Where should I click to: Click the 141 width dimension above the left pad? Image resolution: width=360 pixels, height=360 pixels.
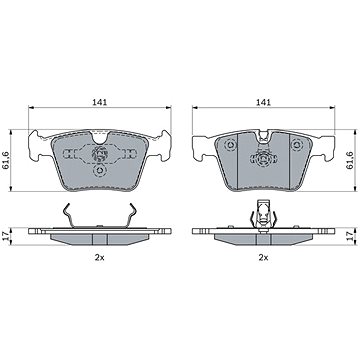tap(100, 102)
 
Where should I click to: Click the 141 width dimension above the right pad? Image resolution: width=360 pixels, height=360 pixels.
tap(263, 102)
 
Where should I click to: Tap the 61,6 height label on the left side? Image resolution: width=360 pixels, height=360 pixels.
tap(6, 160)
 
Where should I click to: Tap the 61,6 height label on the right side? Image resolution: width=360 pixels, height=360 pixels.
tap(349, 160)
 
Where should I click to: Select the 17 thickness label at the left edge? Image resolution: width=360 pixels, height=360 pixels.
tap(6, 236)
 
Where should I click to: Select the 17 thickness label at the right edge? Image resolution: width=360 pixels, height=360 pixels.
tap(349, 236)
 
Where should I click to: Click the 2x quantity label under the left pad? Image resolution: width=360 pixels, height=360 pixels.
tap(100, 258)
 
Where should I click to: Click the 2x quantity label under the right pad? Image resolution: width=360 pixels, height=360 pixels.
tap(263, 258)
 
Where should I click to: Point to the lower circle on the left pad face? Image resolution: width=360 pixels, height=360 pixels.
tap(100, 171)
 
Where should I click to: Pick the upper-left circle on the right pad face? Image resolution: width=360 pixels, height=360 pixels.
tap(230, 145)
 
